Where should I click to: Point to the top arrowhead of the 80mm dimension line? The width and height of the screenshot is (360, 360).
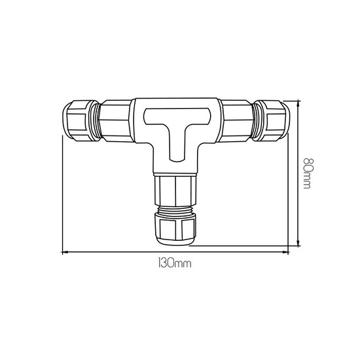(298, 102)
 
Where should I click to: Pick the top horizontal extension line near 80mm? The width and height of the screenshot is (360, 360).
(291, 100)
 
